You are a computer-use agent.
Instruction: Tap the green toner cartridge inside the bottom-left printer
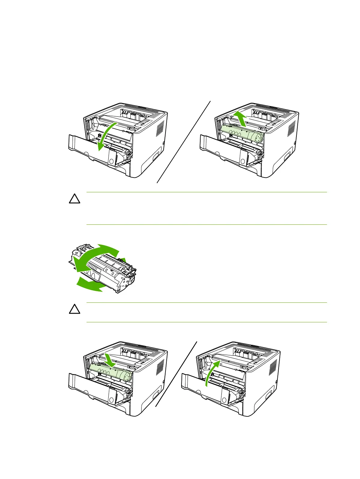[111, 374]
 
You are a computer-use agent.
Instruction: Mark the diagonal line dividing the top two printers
[184, 142]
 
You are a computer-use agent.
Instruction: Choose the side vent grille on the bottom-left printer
[161, 367]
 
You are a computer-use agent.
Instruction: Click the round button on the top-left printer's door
[111, 161]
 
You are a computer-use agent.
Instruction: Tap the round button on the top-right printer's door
[242, 161]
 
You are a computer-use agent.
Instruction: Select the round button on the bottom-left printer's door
[111, 400]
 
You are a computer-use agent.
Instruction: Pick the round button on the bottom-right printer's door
[224, 400]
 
